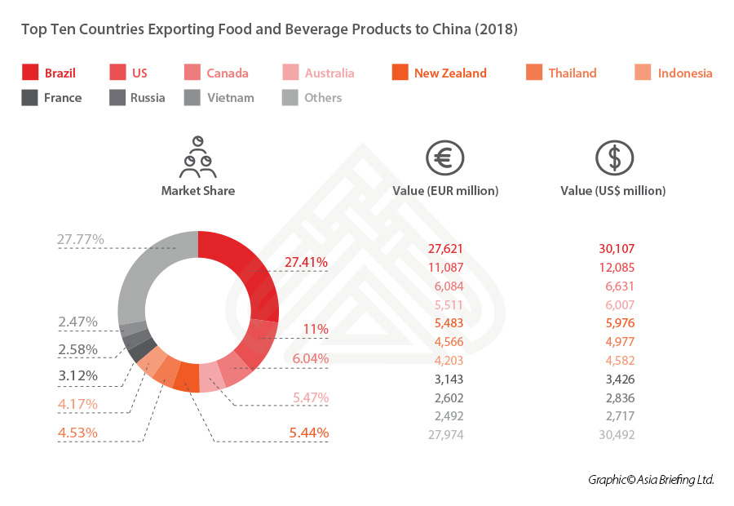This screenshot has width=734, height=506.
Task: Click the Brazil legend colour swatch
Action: click(29, 73)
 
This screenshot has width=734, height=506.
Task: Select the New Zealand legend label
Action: click(449, 73)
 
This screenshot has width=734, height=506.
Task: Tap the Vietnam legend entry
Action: click(229, 98)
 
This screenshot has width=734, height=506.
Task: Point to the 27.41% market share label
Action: click(306, 263)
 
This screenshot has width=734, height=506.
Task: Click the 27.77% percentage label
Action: click(80, 240)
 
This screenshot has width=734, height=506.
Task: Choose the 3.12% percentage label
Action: click(77, 375)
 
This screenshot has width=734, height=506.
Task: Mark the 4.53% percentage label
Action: click(77, 432)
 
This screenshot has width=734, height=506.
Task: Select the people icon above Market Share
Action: click(197, 158)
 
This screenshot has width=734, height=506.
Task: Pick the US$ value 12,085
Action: click(616, 267)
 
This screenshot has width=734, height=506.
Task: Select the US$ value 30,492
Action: click(615, 435)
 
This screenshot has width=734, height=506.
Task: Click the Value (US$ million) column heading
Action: click(612, 191)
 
